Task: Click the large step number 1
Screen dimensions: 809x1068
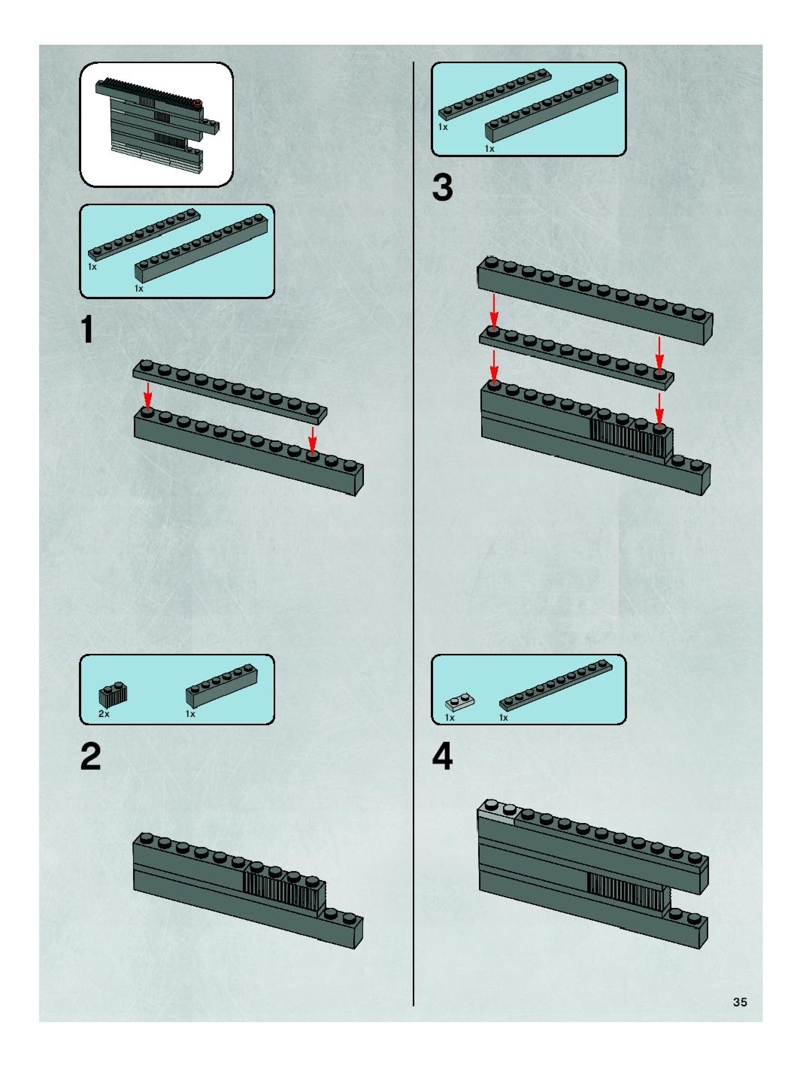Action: click(88, 330)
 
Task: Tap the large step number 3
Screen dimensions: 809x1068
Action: click(442, 188)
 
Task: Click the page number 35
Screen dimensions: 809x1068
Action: click(740, 1002)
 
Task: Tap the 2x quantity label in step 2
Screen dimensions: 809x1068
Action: click(104, 714)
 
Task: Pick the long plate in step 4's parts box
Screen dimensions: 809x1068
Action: click(555, 684)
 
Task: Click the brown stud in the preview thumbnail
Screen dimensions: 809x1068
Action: click(197, 103)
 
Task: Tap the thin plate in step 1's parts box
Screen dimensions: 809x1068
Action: click(144, 234)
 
